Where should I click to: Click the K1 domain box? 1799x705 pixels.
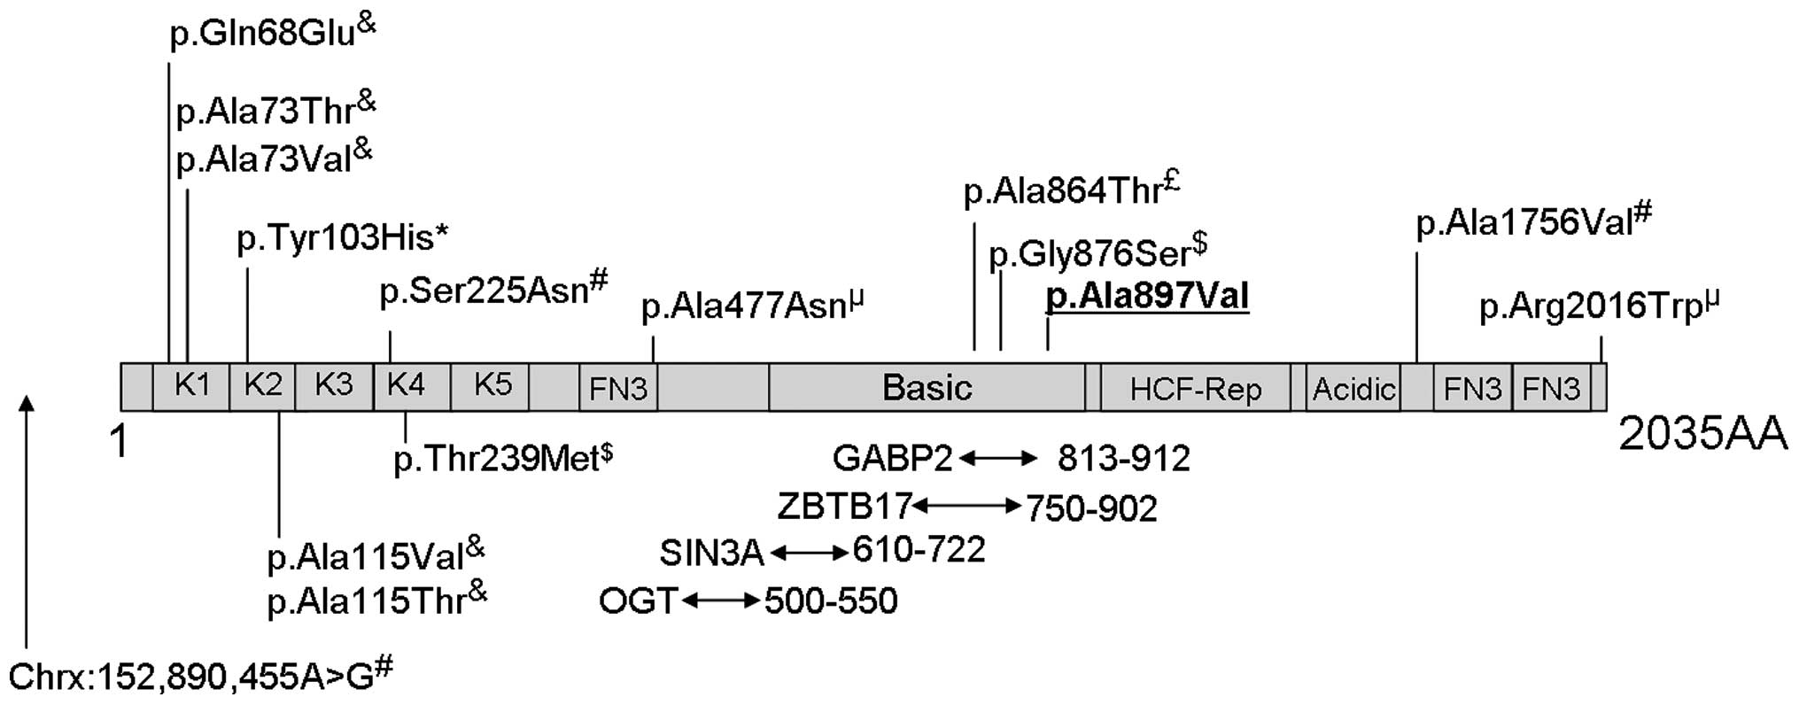191,386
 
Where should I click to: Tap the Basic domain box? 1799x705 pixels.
927,387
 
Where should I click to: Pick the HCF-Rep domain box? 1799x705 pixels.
1195,388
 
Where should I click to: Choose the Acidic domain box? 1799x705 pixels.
1353,388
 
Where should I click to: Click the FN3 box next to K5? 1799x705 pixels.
618,388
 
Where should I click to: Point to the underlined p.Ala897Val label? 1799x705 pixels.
1147,297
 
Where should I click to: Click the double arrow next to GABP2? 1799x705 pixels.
998,458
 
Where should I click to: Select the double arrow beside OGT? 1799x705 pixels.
721,600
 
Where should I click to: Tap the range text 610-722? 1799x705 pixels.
919,550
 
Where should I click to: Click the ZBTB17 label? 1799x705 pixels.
843,507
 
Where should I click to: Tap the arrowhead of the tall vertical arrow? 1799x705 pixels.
27,403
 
